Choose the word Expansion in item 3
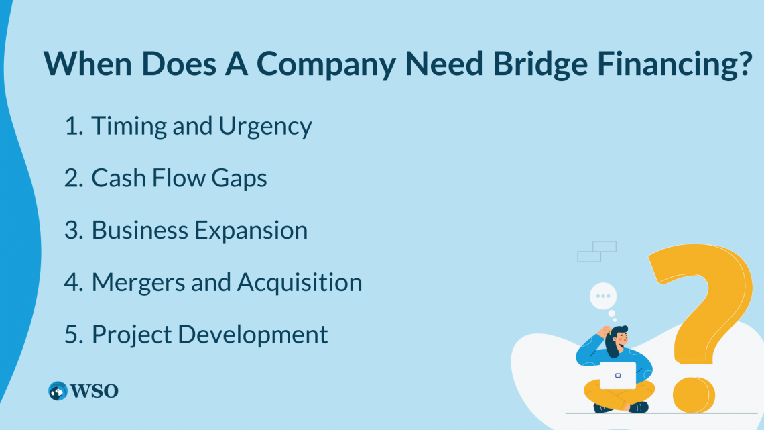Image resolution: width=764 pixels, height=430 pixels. click(x=251, y=230)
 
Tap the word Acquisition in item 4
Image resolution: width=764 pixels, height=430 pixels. click(x=300, y=282)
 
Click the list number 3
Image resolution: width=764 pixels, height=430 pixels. click(x=72, y=230)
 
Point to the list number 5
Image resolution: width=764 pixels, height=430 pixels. click(x=72, y=334)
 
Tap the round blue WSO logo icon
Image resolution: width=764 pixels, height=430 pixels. click(x=58, y=391)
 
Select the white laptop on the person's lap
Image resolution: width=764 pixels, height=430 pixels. click(x=617, y=376)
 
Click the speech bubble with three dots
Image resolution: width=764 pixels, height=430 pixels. click(x=603, y=296)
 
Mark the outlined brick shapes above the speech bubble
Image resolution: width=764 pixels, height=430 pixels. click(x=596, y=252)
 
